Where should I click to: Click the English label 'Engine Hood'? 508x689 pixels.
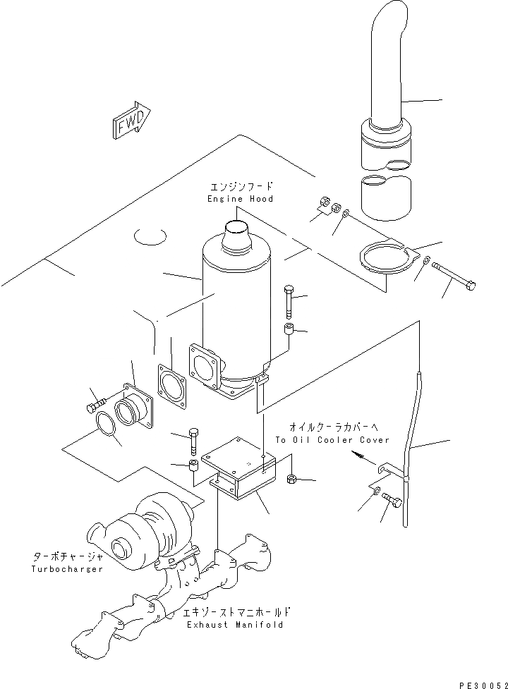point(240,200)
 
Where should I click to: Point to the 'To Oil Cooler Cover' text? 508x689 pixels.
point(332,440)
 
